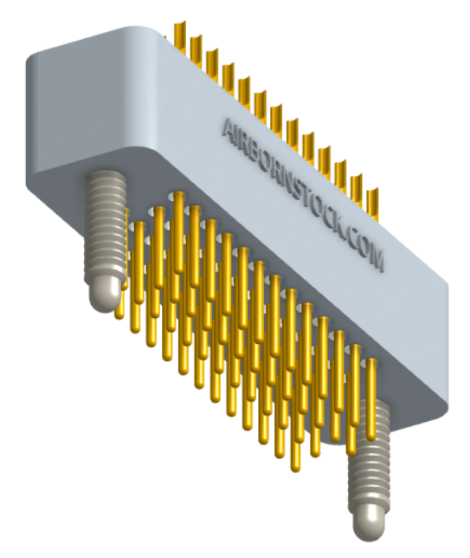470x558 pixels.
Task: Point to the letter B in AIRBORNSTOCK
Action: point(256,151)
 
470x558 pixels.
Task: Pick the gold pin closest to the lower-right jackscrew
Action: point(372,399)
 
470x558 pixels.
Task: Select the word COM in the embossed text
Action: point(366,249)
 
